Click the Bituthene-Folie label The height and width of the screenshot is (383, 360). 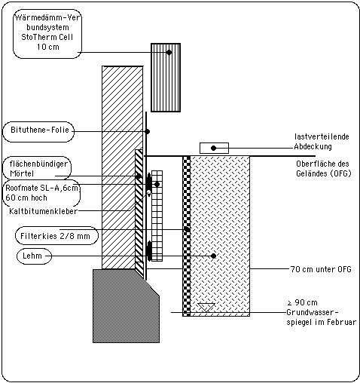[40, 130]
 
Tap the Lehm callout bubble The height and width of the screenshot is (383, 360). [34, 256]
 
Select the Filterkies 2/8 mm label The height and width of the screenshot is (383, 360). [55, 236]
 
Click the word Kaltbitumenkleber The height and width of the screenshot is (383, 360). [43, 211]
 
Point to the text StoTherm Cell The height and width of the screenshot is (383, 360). [47, 37]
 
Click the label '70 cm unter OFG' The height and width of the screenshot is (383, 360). [321, 269]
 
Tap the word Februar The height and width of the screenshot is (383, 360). [343, 322]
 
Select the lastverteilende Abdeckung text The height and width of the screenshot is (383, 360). [322, 142]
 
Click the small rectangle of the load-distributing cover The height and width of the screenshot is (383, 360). [214, 148]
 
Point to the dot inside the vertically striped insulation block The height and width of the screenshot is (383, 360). [169, 52]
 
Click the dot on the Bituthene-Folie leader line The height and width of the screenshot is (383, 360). [148, 131]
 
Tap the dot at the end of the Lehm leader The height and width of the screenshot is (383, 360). [213, 256]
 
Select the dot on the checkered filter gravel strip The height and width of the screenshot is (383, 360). [187, 229]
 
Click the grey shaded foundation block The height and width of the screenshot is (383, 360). [126, 306]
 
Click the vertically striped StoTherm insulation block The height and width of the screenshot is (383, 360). [166, 78]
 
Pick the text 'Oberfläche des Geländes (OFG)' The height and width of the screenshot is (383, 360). [323, 169]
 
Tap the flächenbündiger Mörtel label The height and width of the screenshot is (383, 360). [38, 169]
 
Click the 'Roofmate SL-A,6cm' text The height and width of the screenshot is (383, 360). [41, 188]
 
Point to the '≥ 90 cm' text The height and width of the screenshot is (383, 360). [302, 302]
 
